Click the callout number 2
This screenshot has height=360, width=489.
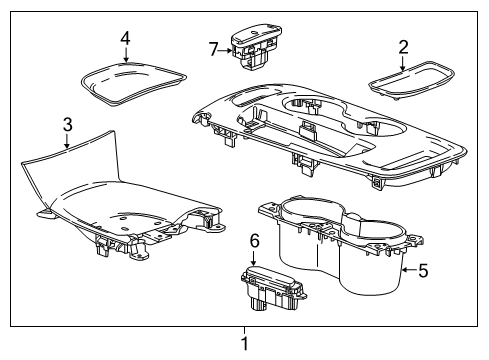[403, 46]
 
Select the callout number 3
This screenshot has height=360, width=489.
[66, 125]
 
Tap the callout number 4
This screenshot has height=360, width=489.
[125, 38]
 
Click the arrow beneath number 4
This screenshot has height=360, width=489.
[125, 56]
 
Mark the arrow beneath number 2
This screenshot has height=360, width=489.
[403, 63]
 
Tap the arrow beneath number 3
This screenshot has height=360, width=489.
[66, 142]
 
